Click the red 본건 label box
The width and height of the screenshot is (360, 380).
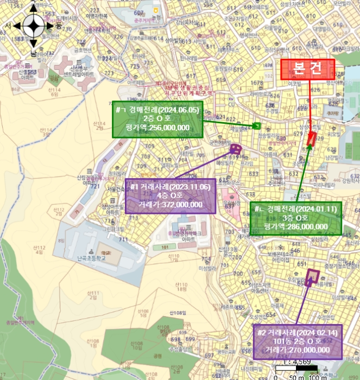pyautogui.click(x=307, y=69)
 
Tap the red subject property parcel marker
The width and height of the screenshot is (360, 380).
pyautogui.click(x=311, y=138)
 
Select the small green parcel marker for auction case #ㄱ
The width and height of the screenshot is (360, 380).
pyautogui.click(x=258, y=126)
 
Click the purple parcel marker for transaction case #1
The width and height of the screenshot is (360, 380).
pyautogui.click(x=235, y=149)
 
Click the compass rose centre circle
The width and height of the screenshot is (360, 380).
pyautogui.click(x=33, y=25)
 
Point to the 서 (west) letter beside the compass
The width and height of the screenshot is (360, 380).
pyautogui.click(x=8, y=26)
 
